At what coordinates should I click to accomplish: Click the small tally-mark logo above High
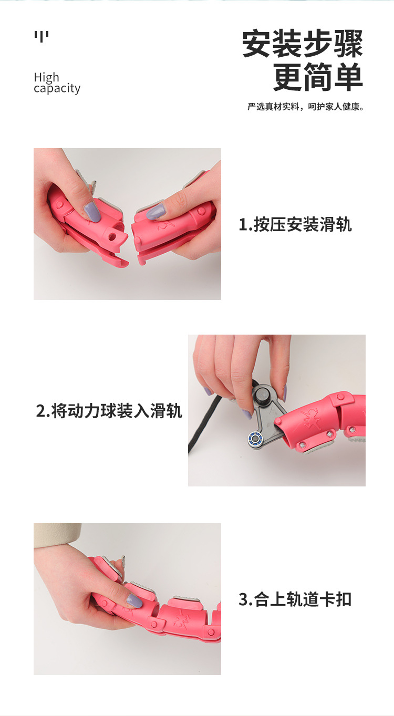point(42,37)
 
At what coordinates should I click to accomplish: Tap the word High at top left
point(47,77)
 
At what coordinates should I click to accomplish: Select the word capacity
point(57,88)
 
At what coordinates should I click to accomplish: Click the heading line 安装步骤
point(303,45)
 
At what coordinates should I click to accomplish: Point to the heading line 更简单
point(318,77)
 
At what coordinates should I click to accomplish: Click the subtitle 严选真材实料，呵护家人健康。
point(306,107)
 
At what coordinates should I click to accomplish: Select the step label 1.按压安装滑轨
point(295,225)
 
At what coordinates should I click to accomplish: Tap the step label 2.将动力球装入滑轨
point(109,411)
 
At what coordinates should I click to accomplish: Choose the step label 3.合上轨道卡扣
point(295,599)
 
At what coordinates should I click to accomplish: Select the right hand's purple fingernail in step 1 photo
point(155,212)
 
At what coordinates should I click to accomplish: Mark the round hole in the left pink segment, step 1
point(111,237)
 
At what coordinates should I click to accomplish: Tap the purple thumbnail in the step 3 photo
point(134,600)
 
